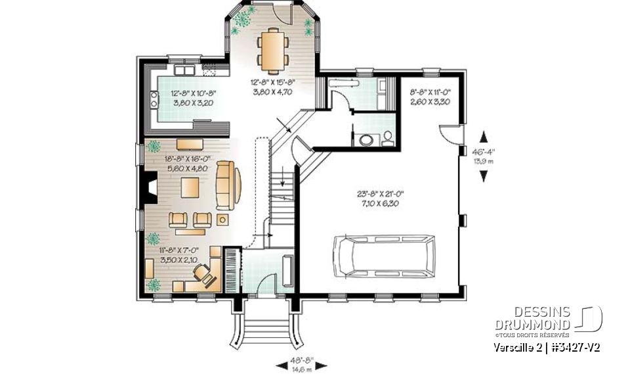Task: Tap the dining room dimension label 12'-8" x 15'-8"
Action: (x=272, y=87)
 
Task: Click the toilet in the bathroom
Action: (x=387, y=138)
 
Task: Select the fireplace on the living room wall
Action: (x=150, y=189)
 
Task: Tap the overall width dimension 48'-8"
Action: (x=303, y=360)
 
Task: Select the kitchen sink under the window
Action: (x=183, y=70)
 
